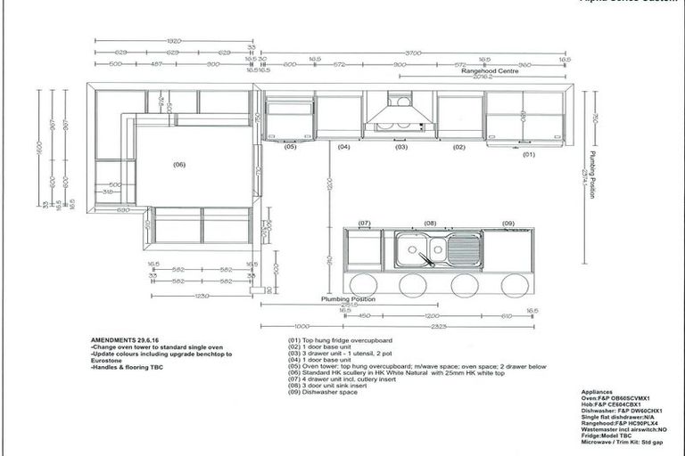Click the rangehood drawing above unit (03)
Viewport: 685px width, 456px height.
(400, 115)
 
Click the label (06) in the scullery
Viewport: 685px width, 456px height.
(179, 165)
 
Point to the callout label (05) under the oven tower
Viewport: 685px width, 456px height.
(290, 146)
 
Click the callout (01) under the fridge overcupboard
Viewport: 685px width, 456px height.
(528, 154)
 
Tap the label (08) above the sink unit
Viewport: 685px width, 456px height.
(430, 223)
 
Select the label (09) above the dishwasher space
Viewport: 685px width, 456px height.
(508, 223)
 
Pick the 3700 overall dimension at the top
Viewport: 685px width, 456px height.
(413, 53)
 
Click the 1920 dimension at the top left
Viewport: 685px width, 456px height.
(174, 41)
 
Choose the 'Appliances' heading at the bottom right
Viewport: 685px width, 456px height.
(597, 392)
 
